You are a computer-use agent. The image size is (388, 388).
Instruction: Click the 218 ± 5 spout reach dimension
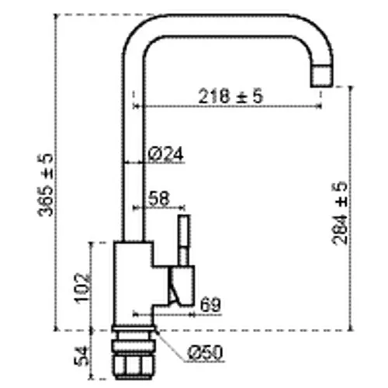click(230, 96)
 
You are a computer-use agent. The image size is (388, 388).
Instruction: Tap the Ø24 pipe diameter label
click(166, 154)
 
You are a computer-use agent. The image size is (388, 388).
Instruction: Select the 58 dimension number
click(159, 199)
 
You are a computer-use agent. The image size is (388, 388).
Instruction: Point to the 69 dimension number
click(210, 305)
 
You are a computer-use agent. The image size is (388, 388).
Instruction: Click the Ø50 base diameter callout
click(205, 352)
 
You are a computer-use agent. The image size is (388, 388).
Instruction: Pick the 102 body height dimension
click(81, 288)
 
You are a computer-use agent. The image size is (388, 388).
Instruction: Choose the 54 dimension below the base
click(81, 356)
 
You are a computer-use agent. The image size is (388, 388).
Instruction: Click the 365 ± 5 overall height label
click(46, 185)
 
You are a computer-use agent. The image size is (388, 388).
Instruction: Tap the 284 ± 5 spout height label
click(339, 213)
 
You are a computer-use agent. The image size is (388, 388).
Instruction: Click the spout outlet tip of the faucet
click(321, 76)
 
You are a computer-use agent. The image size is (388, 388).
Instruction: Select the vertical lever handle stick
click(184, 240)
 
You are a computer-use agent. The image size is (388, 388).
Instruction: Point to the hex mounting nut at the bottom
click(134, 366)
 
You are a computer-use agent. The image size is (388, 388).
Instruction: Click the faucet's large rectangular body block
click(133, 283)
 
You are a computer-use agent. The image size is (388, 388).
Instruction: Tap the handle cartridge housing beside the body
click(181, 286)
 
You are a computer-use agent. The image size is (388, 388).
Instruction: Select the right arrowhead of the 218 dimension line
click(319, 106)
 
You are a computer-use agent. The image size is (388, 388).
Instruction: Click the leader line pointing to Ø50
click(171, 345)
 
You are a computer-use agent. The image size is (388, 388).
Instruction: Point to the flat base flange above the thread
click(134, 329)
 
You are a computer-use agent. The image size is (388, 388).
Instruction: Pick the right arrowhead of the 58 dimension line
click(182, 207)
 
